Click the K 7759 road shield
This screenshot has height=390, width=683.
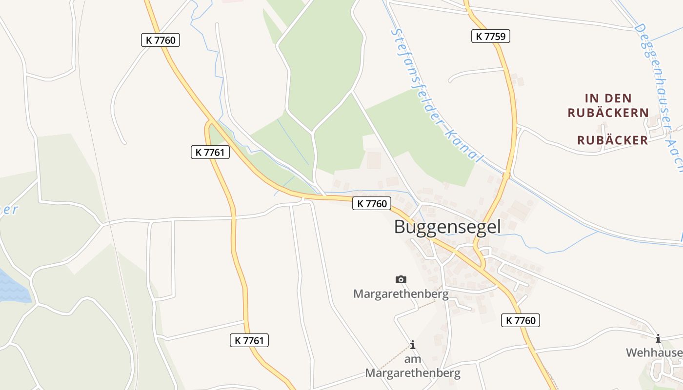490,36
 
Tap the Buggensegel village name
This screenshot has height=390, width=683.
447,227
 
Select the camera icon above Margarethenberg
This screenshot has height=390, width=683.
401,279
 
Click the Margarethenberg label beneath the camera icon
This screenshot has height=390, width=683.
401,294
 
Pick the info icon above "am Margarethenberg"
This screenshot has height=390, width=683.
413,345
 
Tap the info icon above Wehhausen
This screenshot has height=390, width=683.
658,338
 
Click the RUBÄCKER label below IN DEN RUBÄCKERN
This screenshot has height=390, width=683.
612,140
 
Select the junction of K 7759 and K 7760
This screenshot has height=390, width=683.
482,268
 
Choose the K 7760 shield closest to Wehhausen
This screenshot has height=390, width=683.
520,320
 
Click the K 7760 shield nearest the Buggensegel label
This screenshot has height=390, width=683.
371,203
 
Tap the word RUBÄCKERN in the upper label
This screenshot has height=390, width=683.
608,113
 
